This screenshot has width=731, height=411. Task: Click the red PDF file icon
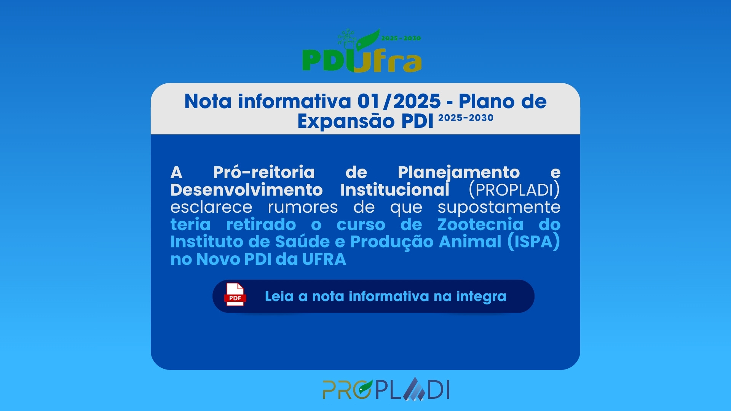coord(235,294)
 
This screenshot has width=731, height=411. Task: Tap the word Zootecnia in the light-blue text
coord(480,225)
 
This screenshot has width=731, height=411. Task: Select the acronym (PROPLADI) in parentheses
coord(514,190)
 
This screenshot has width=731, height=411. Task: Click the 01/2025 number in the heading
coord(399,102)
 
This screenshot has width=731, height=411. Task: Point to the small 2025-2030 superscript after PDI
coord(466,118)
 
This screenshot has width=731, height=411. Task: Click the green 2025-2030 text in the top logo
coord(401,38)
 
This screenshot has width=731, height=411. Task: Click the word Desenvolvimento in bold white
coord(247,190)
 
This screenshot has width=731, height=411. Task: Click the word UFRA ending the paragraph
coord(324,260)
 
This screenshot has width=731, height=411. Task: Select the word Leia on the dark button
coord(279,296)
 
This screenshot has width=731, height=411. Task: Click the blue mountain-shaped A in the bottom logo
coord(414,389)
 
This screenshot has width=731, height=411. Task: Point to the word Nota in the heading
coord(208,102)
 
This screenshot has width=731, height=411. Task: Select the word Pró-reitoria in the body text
coord(264,172)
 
